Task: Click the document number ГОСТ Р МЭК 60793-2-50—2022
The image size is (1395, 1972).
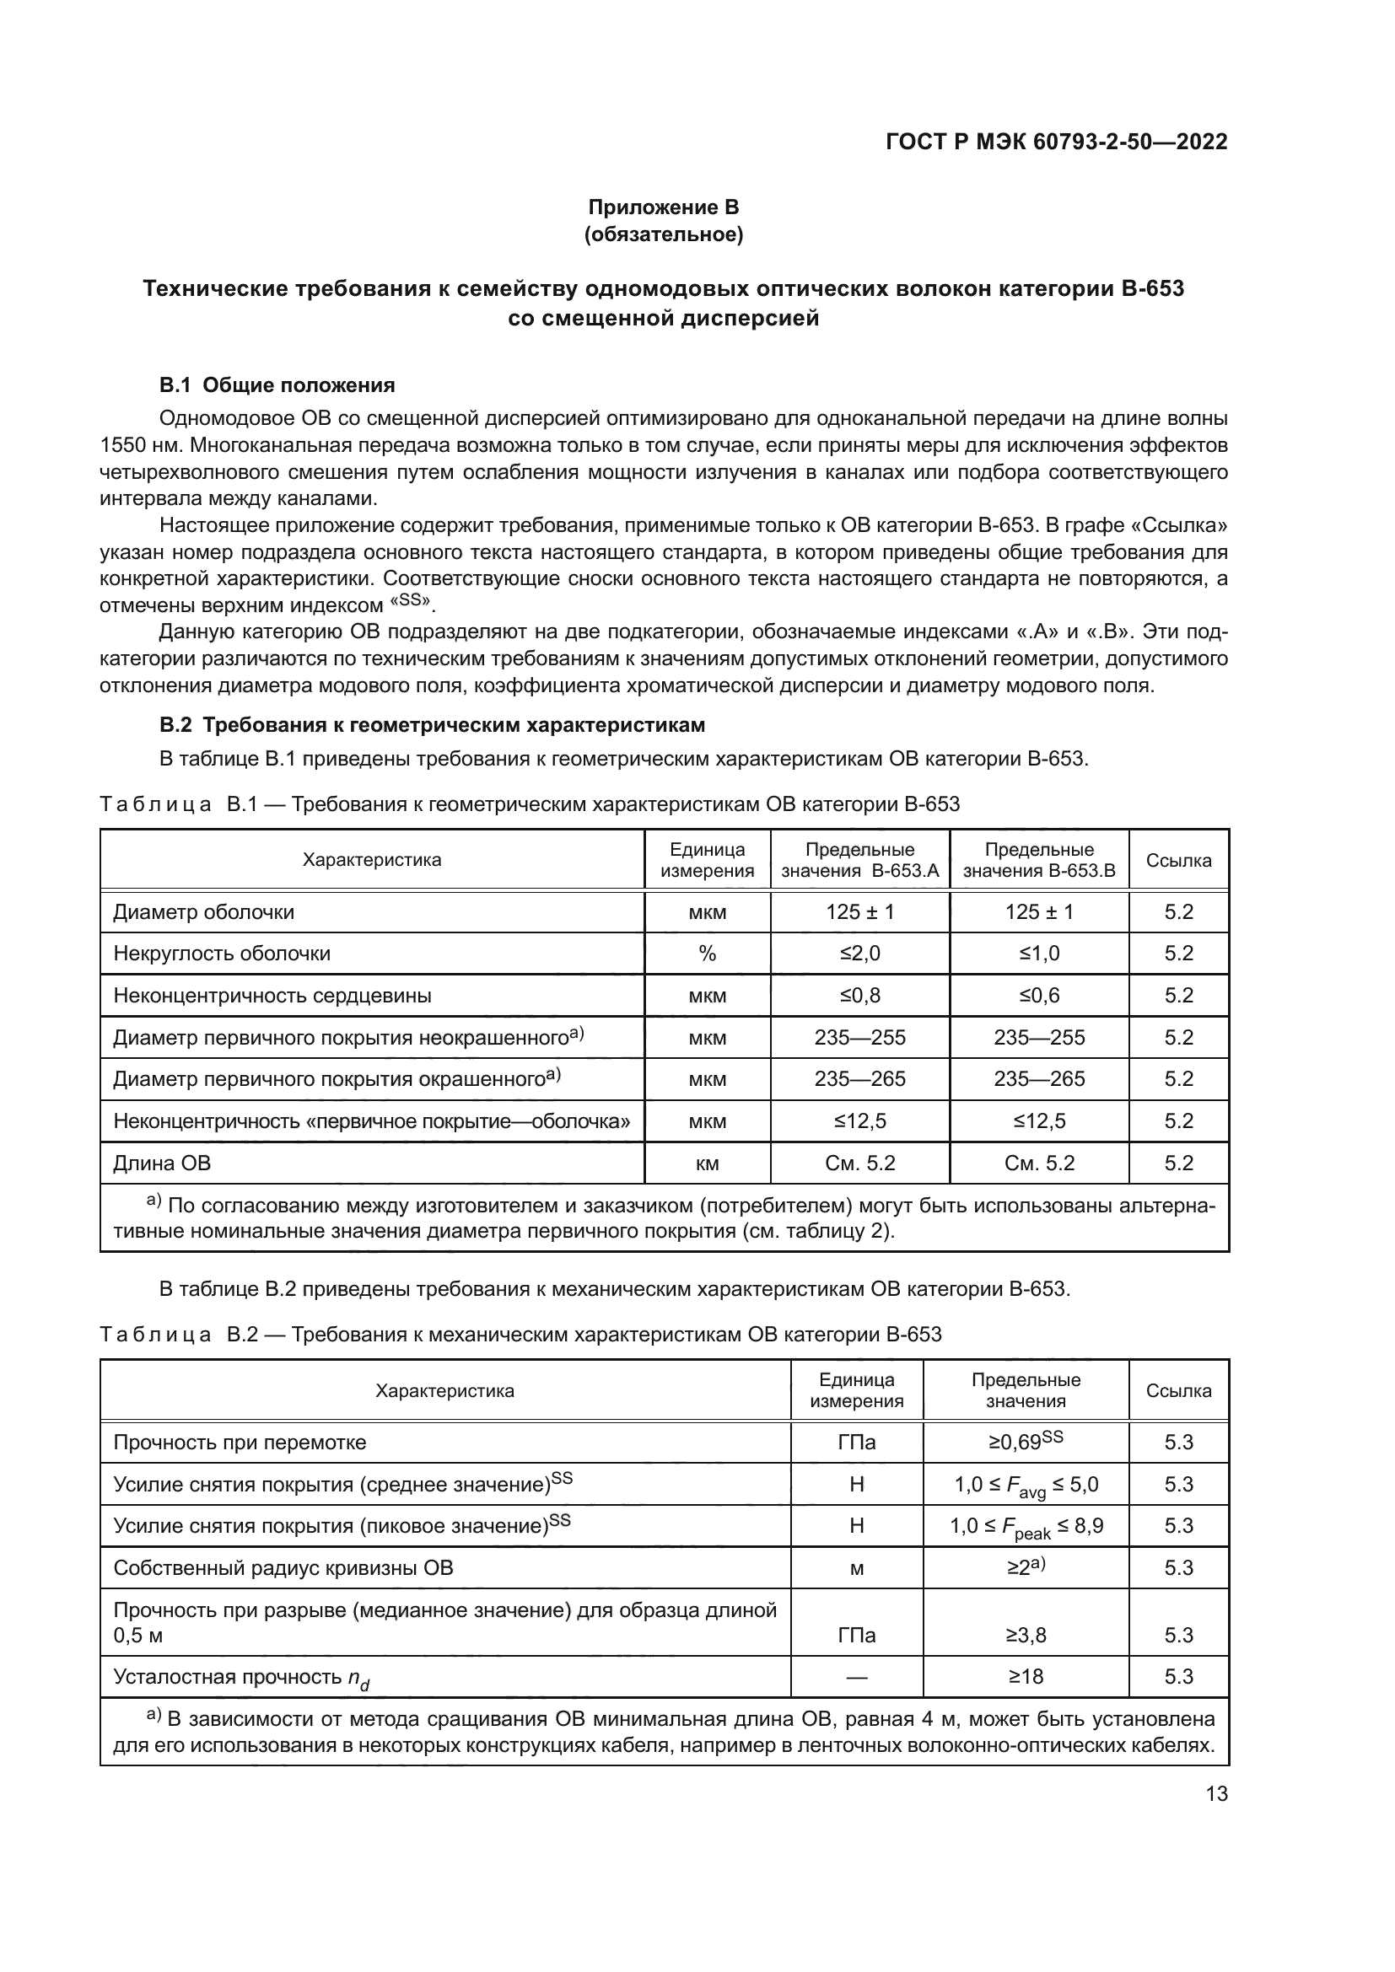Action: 1056,142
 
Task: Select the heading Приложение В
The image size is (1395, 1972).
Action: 663,207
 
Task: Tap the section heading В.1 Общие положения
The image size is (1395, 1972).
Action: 277,384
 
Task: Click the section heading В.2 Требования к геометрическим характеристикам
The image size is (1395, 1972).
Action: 432,725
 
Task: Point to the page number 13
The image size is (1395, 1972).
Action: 1216,1793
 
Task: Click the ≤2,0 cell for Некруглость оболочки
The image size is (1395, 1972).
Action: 859,954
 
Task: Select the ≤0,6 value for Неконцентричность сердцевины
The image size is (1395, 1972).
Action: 1038,996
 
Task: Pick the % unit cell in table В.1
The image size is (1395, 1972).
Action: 707,954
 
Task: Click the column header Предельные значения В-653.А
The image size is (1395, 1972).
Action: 859,860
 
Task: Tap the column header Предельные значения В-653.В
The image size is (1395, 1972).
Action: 1038,860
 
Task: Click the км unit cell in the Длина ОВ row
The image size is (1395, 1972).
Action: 707,1163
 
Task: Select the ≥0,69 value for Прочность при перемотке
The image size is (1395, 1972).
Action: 1025,1442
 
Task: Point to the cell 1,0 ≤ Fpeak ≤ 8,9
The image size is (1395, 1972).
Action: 1026,1526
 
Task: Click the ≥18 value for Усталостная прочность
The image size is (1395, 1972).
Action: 1026,1677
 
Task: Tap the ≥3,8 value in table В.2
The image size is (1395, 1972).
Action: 1026,1635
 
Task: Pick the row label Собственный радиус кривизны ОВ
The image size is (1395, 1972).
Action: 283,1568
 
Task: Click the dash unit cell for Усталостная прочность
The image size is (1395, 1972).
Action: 856,1677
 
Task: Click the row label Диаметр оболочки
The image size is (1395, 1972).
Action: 203,912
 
